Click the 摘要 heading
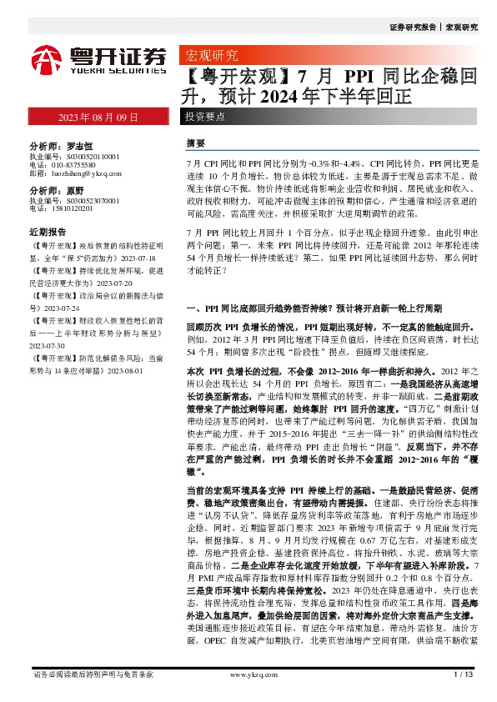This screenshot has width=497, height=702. tap(197, 143)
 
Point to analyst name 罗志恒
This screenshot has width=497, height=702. tap(79, 143)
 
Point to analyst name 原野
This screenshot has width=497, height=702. tap(74, 190)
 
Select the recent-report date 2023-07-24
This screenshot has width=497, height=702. tap(51, 308)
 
